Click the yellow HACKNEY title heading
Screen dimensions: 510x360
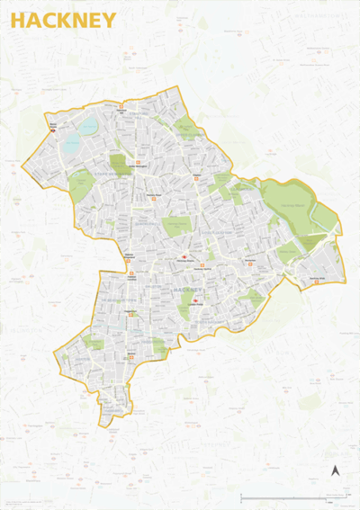pyautogui.click(x=63, y=21)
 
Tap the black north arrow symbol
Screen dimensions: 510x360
pyautogui.click(x=335, y=470)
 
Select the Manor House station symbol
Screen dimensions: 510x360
pyautogui.click(x=53, y=130)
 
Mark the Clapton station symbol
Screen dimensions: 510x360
pyautogui.click(x=197, y=179)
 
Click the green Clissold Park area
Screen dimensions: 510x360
pyautogui.click(x=82, y=185)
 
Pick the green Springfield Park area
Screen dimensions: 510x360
pyautogui.click(x=186, y=128)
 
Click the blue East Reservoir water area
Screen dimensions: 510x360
pyautogui.click(x=90, y=126)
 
